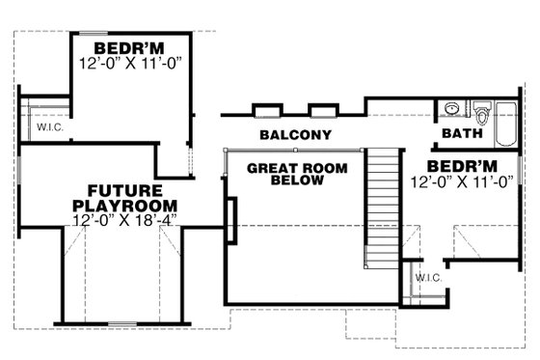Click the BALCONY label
(x=296, y=135)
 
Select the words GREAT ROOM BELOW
(x=296, y=173)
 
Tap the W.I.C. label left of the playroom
(x=50, y=127)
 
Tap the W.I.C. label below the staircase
(x=427, y=279)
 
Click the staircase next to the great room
(x=384, y=208)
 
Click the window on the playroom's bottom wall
(x=120, y=322)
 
